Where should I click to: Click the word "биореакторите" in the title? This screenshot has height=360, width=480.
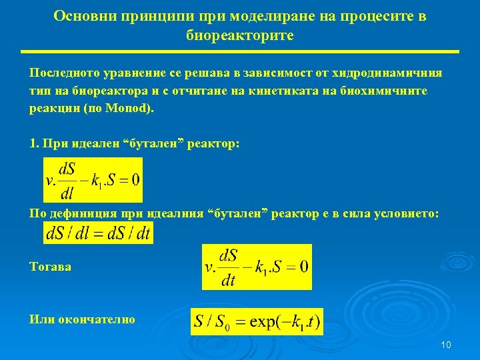[239, 35]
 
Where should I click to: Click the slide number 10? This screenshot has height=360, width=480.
[446, 345]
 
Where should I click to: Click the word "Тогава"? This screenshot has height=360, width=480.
[51, 267]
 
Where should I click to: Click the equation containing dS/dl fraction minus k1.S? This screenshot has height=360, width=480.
[93, 180]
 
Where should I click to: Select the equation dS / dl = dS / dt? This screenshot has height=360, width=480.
[98, 233]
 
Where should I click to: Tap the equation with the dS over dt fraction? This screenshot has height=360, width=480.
[257, 267]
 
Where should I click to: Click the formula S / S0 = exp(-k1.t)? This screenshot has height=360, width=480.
[257, 323]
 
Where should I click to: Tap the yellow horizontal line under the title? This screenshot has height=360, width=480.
[239, 52]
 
